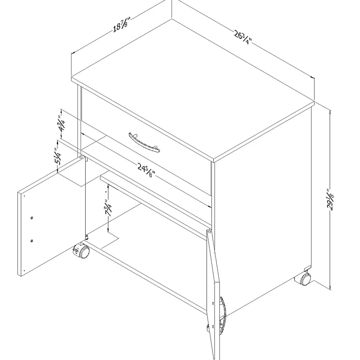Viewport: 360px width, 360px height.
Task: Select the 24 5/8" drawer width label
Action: [x=147, y=170]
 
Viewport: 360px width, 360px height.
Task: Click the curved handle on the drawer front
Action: [x=144, y=142]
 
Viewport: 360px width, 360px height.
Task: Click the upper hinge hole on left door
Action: [x=32, y=218]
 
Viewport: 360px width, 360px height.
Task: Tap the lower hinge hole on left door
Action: [x=32, y=241]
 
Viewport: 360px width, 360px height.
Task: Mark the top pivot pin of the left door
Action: [x=81, y=158]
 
